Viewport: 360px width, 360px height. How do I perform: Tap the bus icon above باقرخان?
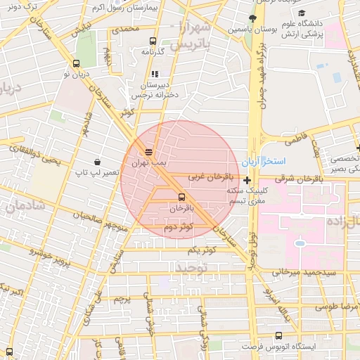click(x=182, y=197)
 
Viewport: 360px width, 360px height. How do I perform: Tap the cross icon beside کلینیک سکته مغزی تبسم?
click(x=247, y=181)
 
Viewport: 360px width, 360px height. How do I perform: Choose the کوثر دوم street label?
click(x=178, y=226)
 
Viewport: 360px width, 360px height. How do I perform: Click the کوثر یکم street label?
click(x=202, y=250)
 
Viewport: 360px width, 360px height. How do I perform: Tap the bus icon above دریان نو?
click(x=76, y=63)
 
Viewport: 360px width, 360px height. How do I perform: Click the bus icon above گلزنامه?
click(x=153, y=41)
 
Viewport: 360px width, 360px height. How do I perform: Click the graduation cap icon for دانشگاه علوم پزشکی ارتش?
click(x=302, y=13)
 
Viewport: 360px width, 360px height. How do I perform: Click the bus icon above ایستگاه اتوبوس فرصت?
click(x=279, y=336)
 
